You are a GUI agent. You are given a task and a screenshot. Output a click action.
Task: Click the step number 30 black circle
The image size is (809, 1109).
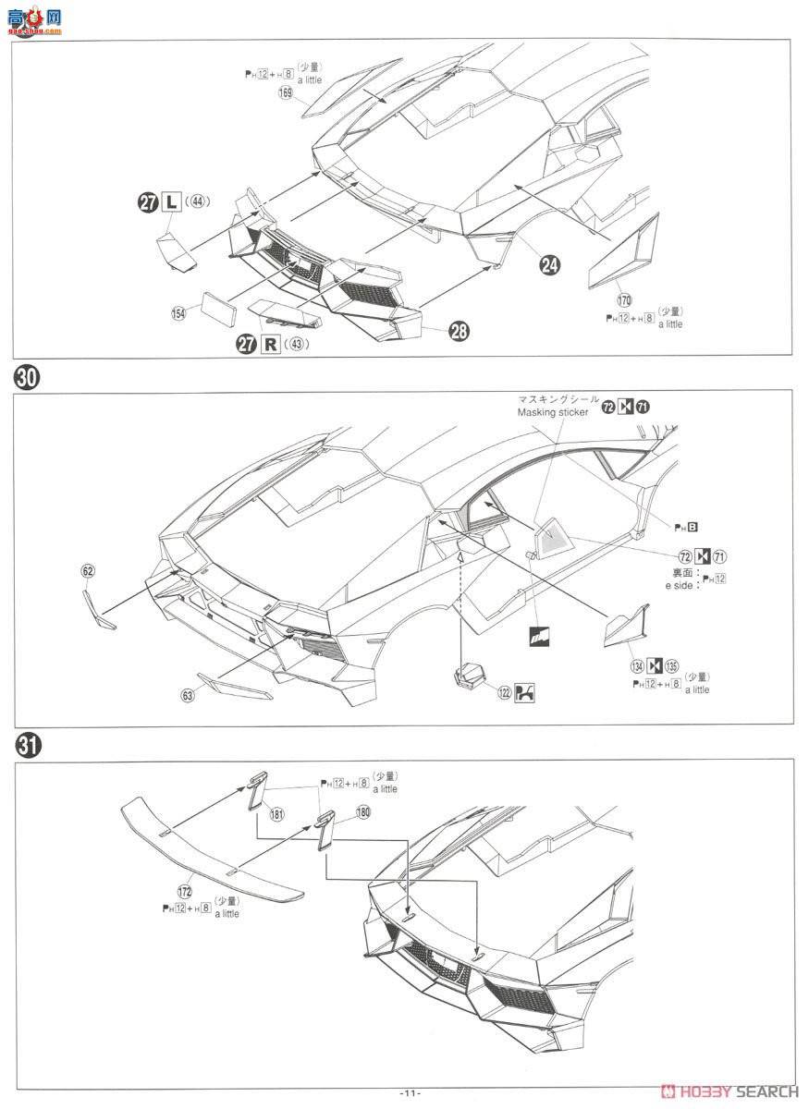25,378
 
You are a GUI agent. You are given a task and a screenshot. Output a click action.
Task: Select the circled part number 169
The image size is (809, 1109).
287,92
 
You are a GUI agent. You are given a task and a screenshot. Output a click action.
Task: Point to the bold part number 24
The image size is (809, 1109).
550,264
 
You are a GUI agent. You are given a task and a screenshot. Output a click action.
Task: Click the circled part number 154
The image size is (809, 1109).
178,314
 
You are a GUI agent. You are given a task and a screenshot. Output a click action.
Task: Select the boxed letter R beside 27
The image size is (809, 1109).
271,345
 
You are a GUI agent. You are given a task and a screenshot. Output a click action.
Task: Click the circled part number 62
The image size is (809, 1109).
87,571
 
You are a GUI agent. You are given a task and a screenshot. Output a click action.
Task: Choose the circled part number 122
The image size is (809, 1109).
505,693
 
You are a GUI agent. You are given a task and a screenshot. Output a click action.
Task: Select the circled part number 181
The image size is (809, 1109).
277,814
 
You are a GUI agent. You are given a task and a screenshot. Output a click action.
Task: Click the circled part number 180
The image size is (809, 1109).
362,811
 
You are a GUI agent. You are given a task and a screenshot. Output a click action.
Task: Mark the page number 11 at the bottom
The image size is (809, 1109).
411,1092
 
